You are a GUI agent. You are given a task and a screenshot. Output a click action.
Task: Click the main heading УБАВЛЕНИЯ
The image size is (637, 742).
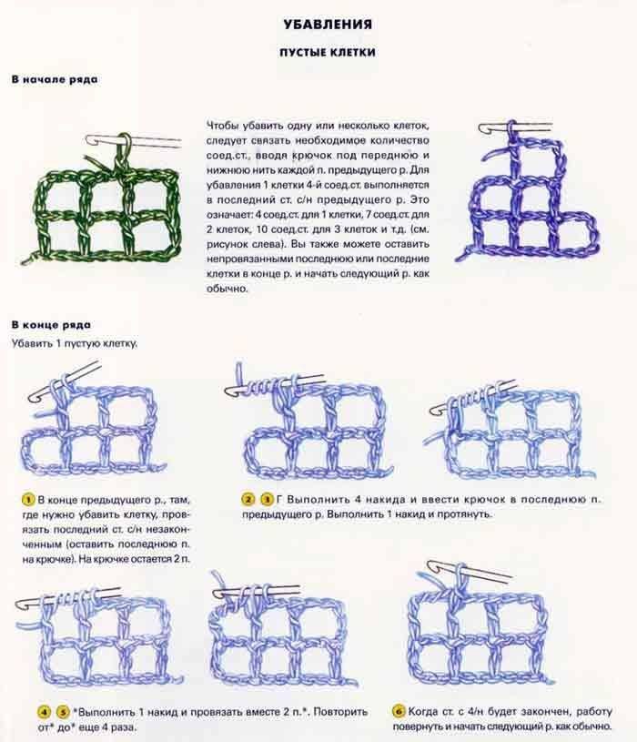pos(328,25)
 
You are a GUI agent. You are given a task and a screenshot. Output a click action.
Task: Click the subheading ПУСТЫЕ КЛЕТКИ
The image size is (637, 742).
pos(328,52)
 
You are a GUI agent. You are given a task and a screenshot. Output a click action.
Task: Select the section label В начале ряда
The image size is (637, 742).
pos(55,79)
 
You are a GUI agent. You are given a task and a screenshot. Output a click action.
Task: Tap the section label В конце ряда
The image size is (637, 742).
pos(51,325)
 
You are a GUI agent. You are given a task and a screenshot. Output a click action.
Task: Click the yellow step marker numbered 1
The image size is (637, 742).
pos(28,500)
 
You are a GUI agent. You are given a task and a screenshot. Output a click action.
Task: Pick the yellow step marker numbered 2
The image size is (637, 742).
pos(248,499)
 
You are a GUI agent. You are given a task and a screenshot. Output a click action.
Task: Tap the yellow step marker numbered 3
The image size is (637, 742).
pos(268,499)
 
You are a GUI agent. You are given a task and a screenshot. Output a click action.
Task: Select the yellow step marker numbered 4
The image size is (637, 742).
pos(44,712)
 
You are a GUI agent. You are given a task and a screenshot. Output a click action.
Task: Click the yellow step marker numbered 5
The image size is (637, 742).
pos(63,712)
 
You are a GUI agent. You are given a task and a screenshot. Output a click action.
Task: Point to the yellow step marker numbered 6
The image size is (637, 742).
pos(399,711)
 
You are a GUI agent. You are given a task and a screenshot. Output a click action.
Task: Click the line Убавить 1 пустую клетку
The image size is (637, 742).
pos(75,343)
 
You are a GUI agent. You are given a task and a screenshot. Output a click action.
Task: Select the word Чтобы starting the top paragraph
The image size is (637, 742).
pos(223,126)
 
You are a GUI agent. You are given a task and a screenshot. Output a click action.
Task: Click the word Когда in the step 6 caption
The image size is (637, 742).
pos(423,711)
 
